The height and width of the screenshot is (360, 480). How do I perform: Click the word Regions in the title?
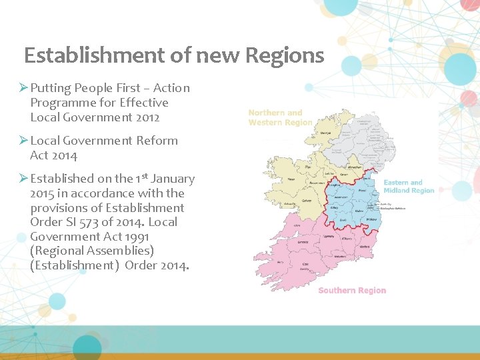point(285,55)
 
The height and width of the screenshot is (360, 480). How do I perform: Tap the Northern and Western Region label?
point(280,117)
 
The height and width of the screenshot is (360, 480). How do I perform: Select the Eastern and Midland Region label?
point(409,186)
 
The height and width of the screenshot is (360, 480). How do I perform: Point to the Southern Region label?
point(352,290)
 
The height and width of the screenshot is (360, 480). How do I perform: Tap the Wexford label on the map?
point(364,246)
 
